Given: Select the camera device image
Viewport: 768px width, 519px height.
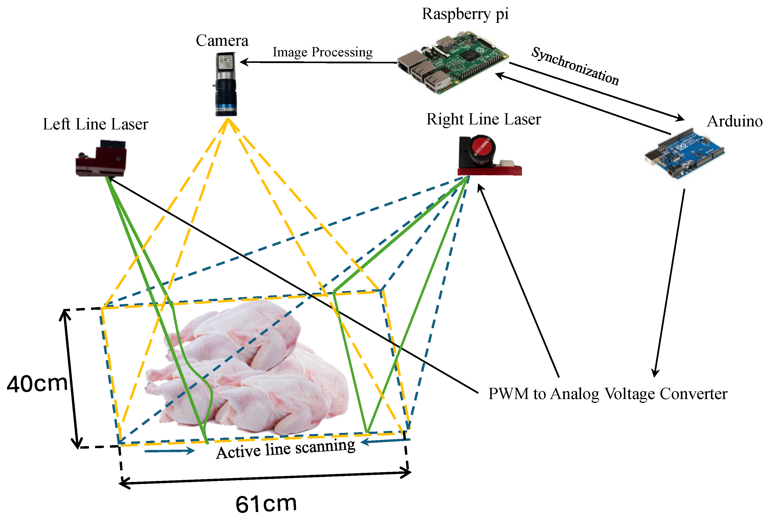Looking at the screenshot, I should click(x=226, y=84).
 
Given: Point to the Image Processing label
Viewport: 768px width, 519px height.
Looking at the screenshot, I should click(x=322, y=52).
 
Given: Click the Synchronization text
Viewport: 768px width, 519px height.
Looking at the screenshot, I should click(x=575, y=66).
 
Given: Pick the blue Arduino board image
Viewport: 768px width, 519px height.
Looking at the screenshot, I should click(x=685, y=153).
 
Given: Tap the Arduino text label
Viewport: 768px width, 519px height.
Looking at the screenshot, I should click(x=734, y=121).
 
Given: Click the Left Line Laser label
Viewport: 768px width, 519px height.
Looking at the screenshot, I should click(x=96, y=124).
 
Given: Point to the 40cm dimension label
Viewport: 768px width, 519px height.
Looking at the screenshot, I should click(x=37, y=384).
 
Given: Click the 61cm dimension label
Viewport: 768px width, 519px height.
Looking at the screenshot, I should click(x=266, y=504).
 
